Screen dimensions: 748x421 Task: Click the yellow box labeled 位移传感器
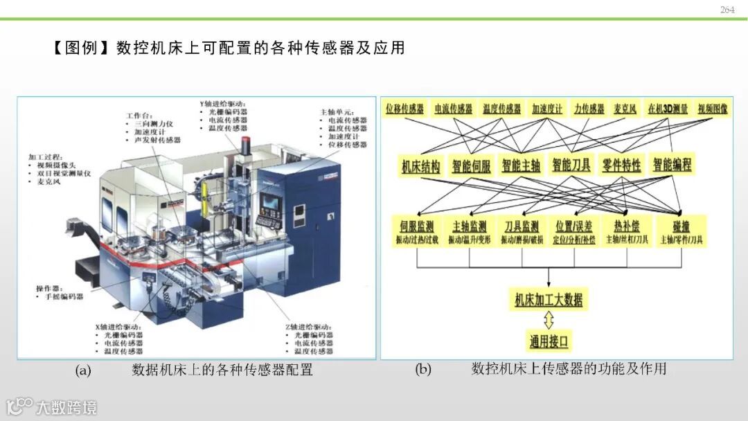click(x=405, y=109)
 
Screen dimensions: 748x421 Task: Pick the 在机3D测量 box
click(x=668, y=109)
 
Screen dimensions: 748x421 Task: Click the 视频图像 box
click(x=712, y=109)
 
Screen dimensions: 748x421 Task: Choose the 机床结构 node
click(x=420, y=166)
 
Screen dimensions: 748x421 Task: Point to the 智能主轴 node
click(x=521, y=166)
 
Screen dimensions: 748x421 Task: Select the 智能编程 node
click(x=672, y=165)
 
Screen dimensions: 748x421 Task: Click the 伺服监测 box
click(x=417, y=231)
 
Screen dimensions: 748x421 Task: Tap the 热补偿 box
click(x=627, y=231)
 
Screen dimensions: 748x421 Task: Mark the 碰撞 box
click(x=681, y=231)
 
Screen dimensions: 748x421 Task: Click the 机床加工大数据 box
click(x=549, y=300)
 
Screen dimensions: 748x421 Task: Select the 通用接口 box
click(x=549, y=341)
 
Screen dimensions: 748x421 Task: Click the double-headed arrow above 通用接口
click(x=549, y=320)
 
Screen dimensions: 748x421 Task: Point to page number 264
click(x=727, y=10)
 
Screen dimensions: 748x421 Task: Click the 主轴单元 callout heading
click(x=336, y=111)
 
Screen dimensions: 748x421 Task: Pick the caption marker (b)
click(x=422, y=370)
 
